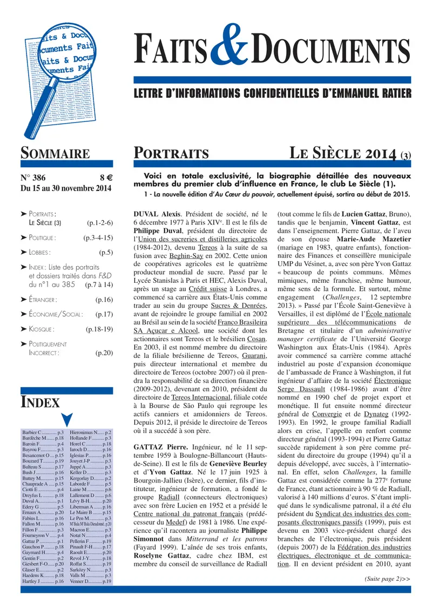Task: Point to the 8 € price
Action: [105, 178]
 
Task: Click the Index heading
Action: [40, 402]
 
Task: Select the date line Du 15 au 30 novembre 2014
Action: [65, 188]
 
